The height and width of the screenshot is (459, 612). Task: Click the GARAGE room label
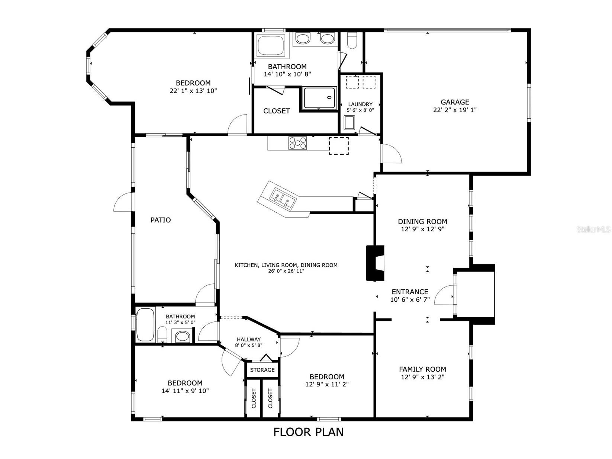pyautogui.click(x=455, y=102)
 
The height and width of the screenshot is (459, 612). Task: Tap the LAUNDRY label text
pyautogui.click(x=360, y=105)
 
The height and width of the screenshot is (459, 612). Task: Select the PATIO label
pyautogui.click(x=161, y=220)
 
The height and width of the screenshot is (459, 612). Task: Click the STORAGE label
pyautogui.click(x=262, y=370)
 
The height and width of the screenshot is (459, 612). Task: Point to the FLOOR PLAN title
pyautogui.click(x=308, y=432)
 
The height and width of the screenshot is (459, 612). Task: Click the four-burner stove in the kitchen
pyautogui.click(x=298, y=143)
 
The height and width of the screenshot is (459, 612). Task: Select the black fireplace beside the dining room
pyautogui.click(x=375, y=263)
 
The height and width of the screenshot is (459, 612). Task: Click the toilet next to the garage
pyautogui.click(x=351, y=41)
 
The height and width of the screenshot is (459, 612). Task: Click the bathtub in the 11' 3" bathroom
pyautogui.click(x=145, y=325)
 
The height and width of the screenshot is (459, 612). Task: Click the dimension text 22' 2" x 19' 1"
pyautogui.click(x=455, y=110)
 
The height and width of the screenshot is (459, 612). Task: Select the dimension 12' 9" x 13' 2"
pyautogui.click(x=422, y=377)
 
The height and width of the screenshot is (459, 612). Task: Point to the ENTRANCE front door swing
pyautogui.click(x=444, y=295)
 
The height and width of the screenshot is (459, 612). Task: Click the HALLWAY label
pyautogui.click(x=249, y=339)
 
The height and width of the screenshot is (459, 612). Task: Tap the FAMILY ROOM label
pyautogui.click(x=422, y=369)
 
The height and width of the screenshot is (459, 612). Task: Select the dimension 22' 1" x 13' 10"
pyautogui.click(x=193, y=91)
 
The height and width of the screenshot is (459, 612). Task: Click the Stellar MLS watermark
pyautogui.click(x=593, y=229)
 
